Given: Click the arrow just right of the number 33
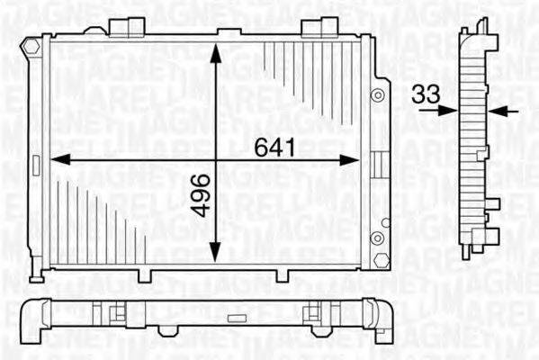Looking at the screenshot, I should coord(446,111).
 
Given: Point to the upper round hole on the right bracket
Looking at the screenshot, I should coord(381,94).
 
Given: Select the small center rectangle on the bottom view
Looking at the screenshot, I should coord(237,316).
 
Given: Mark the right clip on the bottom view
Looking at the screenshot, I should coord(315,314).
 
